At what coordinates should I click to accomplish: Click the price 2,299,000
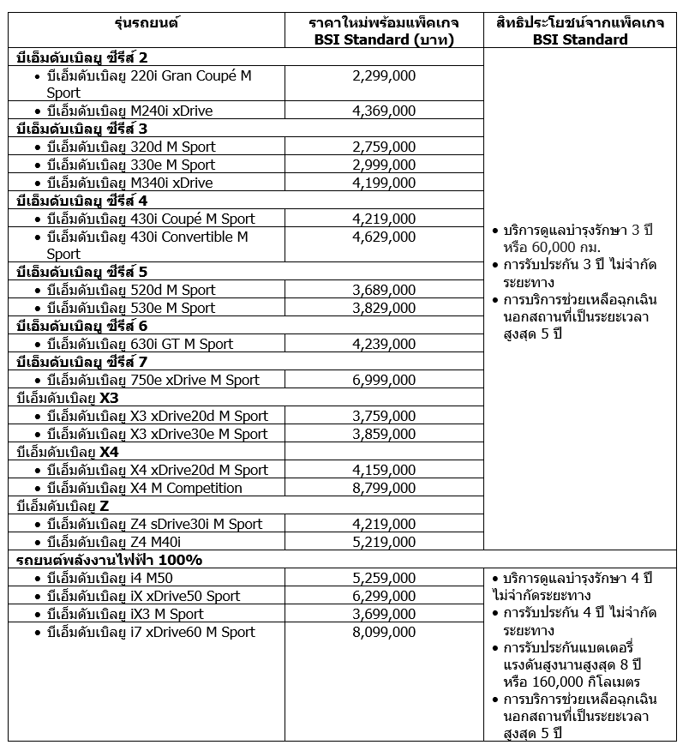click(x=384, y=75)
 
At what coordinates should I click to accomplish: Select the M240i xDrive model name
click(x=129, y=111)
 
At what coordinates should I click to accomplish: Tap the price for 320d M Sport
click(x=384, y=147)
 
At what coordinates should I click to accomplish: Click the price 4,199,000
click(x=384, y=183)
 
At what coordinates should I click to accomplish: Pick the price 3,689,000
click(x=384, y=290)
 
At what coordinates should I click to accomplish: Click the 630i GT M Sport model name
click(x=140, y=344)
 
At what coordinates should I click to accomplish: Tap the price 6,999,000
click(x=384, y=380)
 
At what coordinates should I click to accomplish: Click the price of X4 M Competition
click(x=384, y=488)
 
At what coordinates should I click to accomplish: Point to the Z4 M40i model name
click(x=114, y=542)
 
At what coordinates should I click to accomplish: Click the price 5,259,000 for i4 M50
click(x=384, y=578)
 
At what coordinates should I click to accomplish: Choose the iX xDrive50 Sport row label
click(x=144, y=596)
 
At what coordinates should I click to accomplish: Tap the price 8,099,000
click(x=384, y=632)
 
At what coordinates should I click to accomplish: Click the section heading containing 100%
click(x=110, y=560)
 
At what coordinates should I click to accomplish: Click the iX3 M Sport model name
click(x=125, y=614)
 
